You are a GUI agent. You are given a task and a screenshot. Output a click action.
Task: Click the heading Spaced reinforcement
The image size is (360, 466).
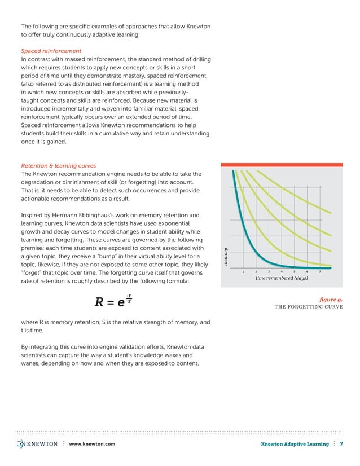click(51, 51)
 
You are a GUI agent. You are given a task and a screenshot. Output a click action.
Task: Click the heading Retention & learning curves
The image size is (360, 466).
click(58, 166)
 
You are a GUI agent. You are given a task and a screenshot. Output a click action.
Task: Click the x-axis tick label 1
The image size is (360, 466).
click(243, 271)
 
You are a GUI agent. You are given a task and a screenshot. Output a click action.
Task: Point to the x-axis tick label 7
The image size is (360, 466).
click(320, 271)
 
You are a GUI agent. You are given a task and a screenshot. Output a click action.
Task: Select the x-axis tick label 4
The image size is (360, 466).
click(281, 271)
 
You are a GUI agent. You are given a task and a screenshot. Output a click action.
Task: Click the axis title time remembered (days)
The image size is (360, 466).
click(282, 278)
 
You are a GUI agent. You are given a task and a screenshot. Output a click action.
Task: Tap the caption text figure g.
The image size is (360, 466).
click(331, 300)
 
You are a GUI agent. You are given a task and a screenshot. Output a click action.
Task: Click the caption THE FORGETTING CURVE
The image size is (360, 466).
click(309, 307)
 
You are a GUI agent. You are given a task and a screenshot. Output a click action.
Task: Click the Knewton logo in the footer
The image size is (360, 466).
click(37, 444)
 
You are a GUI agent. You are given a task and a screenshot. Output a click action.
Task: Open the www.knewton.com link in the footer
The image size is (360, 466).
click(92, 445)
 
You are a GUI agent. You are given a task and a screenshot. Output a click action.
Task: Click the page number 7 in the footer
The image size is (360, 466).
click(341, 445)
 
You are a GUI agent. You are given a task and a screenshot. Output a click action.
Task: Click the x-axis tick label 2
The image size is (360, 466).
click(256, 271)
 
